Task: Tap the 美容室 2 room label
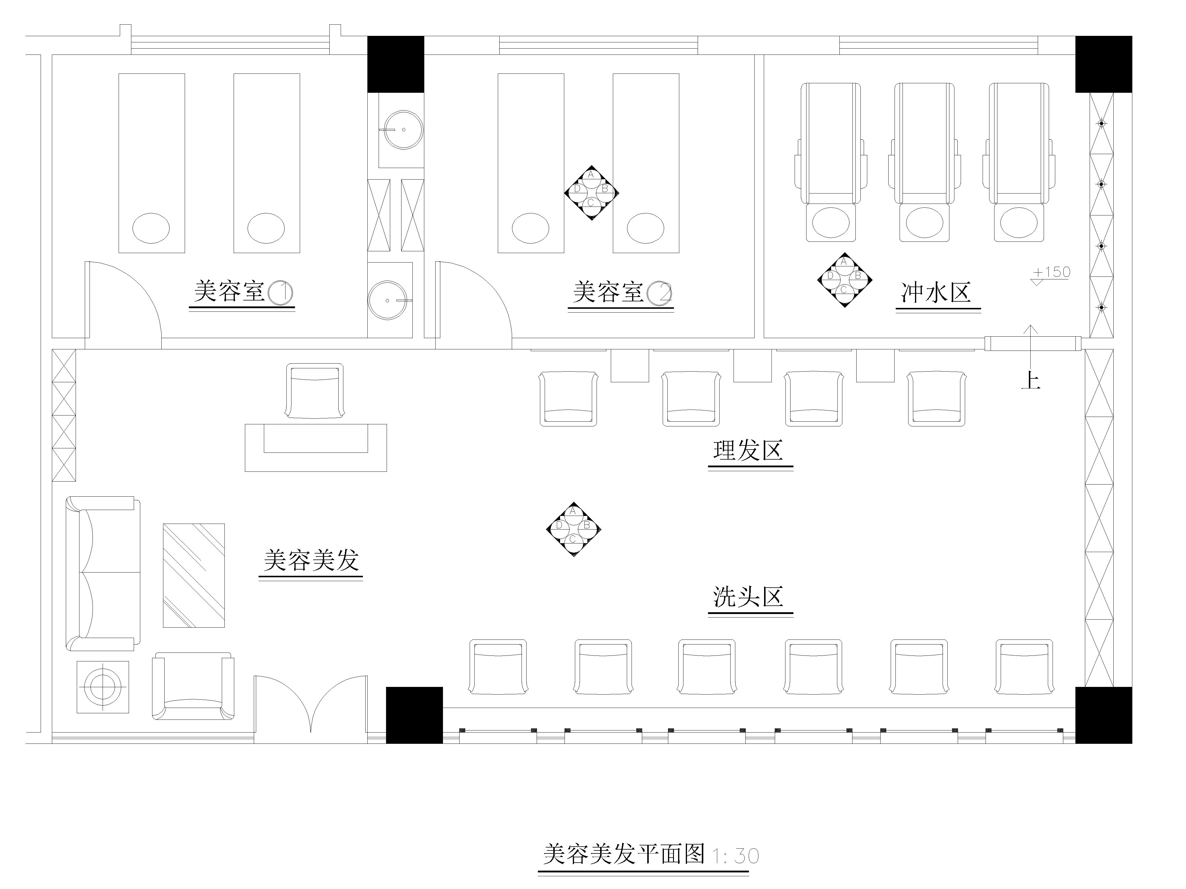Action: click(x=621, y=292)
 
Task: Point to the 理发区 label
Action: click(x=748, y=451)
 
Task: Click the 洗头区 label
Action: click(x=748, y=597)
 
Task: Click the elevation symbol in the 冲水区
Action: click(x=844, y=280)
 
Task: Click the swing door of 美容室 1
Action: click(x=123, y=300)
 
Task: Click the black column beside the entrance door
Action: click(x=415, y=715)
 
